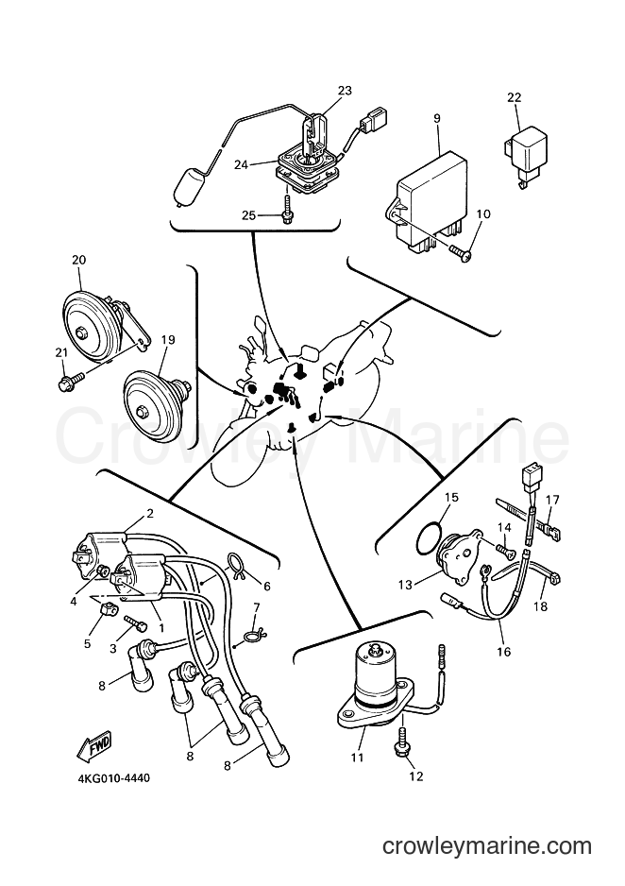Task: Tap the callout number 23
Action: point(345,91)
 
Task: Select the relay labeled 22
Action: point(525,154)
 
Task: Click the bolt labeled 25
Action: point(287,209)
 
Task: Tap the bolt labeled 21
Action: point(71,381)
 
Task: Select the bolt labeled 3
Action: point(136,623)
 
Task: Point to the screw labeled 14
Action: point(505,548)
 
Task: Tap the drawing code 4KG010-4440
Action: point(113,778)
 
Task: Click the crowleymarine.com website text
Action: point(486,846)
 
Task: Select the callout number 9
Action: point(437,119)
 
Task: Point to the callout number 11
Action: point(357,757)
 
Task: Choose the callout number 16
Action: point(503,652)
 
